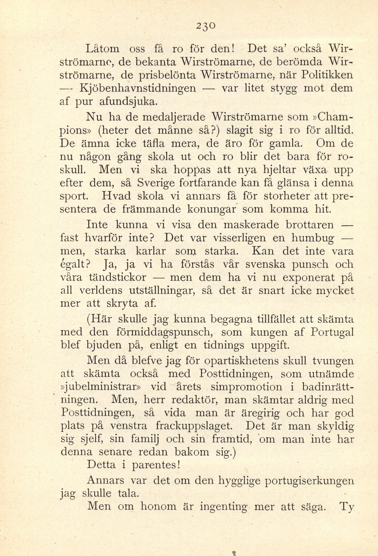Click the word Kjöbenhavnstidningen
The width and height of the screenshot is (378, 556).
(x=138, y=88)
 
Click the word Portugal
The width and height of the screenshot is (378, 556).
(x=332, y=332)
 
